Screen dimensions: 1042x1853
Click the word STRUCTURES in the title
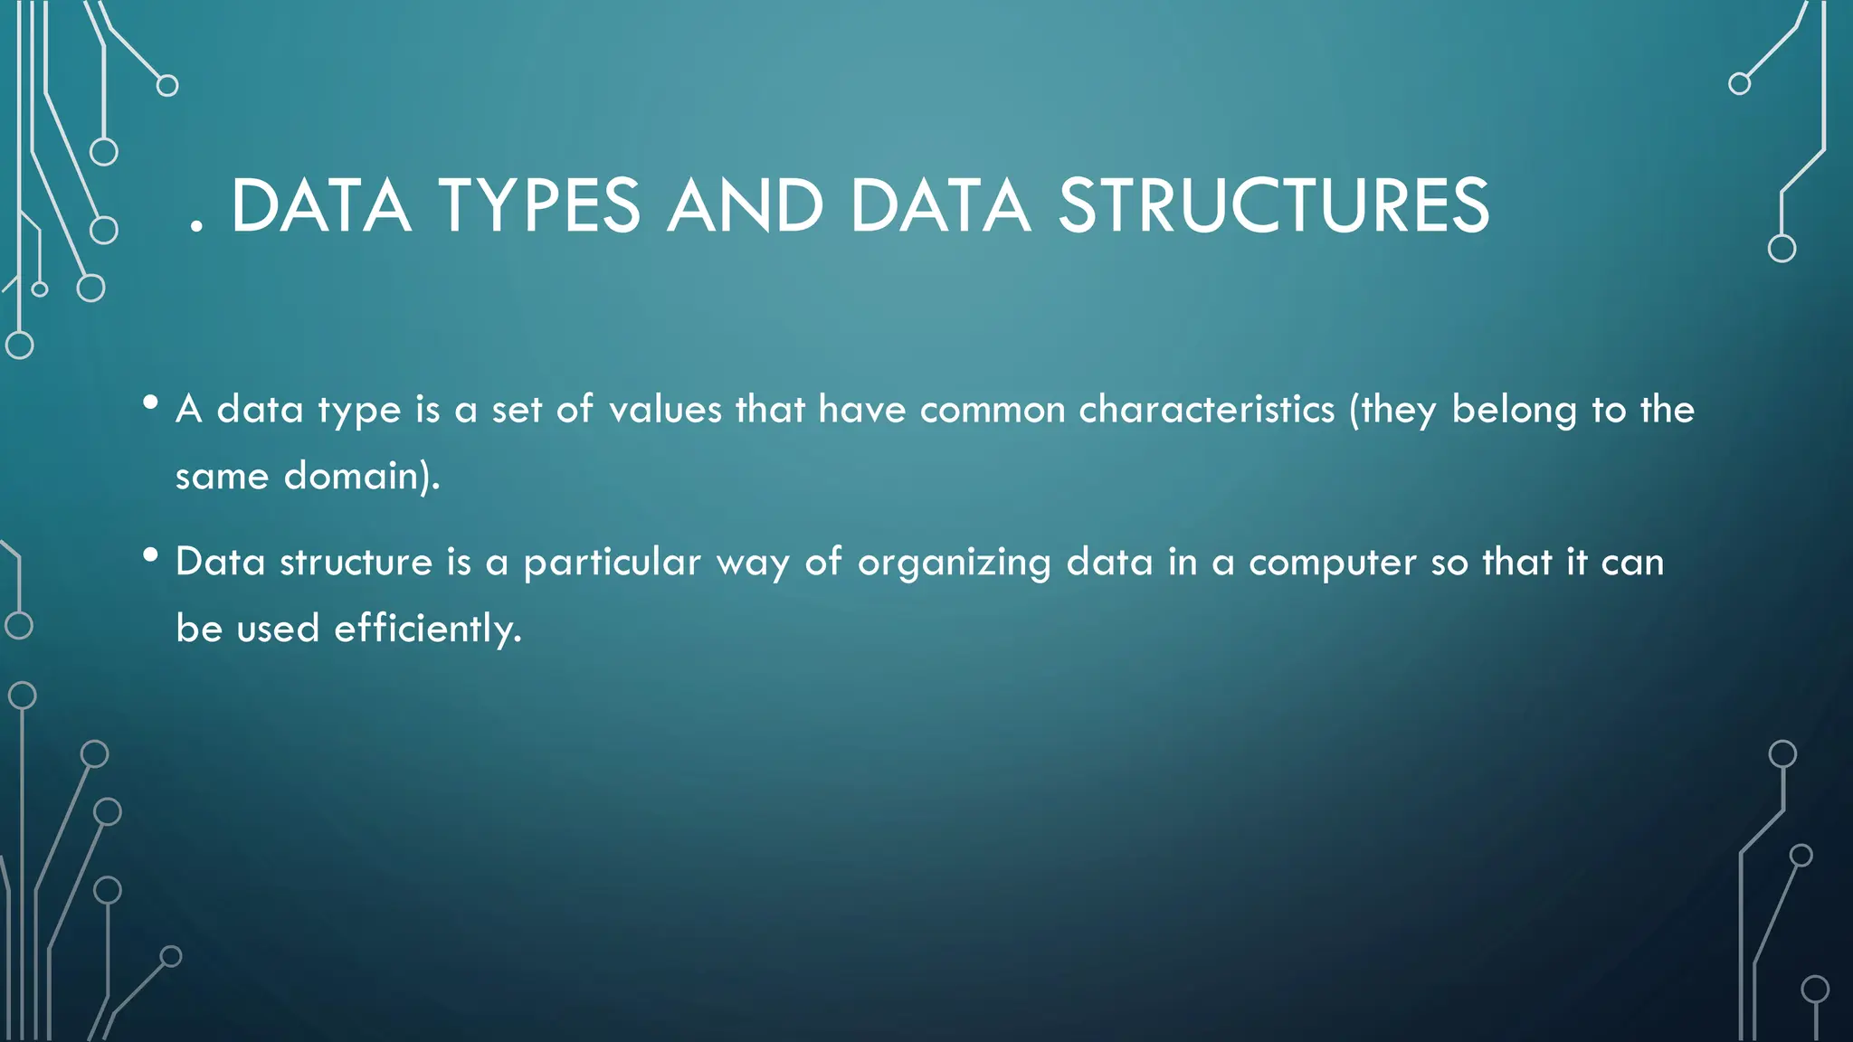(1274, 206)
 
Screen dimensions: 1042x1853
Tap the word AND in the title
(745, 206)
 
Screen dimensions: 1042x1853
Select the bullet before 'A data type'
(150, 402)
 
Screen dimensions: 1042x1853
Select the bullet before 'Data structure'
(150, 554)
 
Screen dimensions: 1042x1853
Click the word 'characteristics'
(1206, 410)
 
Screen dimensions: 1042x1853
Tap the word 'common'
(993, 410)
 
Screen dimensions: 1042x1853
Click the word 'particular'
(612, 563)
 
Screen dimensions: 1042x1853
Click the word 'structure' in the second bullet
(356, 563)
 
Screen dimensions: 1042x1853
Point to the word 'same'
(222, 477)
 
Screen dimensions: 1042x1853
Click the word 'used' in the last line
(278, 629)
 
